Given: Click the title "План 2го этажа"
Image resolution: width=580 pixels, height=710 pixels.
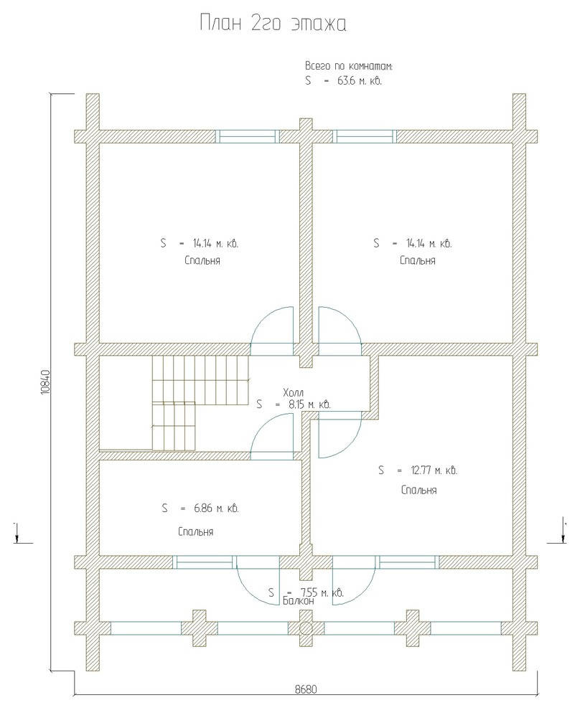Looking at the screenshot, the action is pyautogui.click(x=273, y=24).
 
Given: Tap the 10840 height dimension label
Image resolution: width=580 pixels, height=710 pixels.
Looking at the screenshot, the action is pyautogui.click(x=45, y=382).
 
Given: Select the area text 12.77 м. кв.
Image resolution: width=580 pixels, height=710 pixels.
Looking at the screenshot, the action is pyautogui.click(x=434, y=470).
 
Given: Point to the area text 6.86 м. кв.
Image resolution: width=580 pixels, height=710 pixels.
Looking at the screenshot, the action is pyautogui.click(x=216, y=508).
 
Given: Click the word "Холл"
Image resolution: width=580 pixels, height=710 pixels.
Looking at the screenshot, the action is pyautogui.click(x=293, y=392).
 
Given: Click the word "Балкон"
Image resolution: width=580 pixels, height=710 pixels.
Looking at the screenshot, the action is pyautogui.click(x=299, y=601).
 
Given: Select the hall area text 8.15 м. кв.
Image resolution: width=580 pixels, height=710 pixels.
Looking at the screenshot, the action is pyautogui.click(x=309, y=404).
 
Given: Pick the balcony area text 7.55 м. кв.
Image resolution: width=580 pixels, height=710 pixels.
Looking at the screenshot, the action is pyautogui.click(x=322, y=592).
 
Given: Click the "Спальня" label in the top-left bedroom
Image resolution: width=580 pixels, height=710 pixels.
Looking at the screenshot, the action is pyautogui.click(x=202, y=261).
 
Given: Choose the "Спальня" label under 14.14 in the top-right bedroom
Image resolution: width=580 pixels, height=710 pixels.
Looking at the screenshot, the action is pyautogui.click(x=418, y=261).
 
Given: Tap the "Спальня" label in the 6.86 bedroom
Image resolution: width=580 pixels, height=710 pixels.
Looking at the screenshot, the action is pyautogui.click(x=196, y=532).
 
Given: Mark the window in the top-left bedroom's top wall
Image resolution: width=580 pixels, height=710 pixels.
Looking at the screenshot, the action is pyautogui.click(x=248, y=136).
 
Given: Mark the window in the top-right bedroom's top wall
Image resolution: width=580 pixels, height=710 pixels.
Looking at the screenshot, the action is pyautogui.click(x=365, y=136).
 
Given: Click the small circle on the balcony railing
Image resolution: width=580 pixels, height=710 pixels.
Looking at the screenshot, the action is pyautogui.click(x=306, y=628).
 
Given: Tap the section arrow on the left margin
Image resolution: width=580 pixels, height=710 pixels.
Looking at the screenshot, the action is pyautogui.click(x=17, y=534).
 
